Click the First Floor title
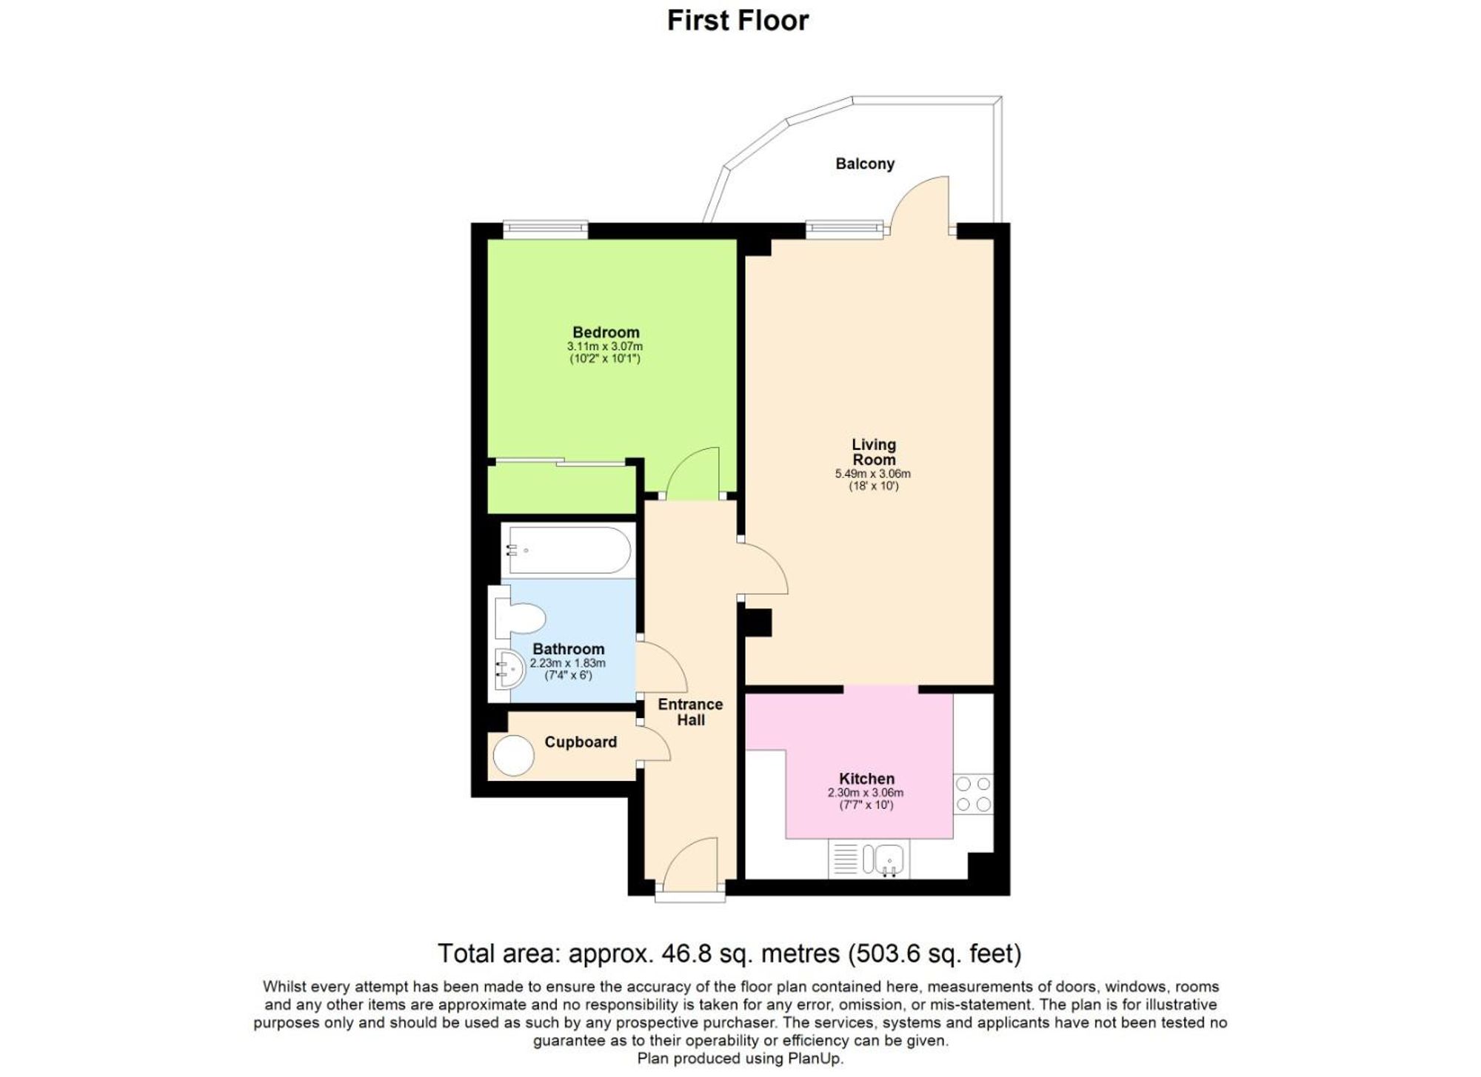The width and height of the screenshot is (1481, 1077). coord(738,21)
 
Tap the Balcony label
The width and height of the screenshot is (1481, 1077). coord(864,164)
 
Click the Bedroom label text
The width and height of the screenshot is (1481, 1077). coord(605,332)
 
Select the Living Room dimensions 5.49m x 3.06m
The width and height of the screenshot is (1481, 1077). coord(872,474)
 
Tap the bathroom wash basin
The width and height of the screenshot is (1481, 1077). coord(509,669)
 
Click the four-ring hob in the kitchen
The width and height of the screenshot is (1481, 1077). coord(973,794)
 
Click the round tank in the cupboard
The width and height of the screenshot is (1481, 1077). coord(513,756)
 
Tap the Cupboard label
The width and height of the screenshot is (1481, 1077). coord(580,742)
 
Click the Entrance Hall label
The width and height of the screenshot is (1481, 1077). coord(690,712)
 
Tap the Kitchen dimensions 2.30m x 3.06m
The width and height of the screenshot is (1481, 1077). coord(865,792)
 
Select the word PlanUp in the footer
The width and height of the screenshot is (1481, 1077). coord(814,1058)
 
